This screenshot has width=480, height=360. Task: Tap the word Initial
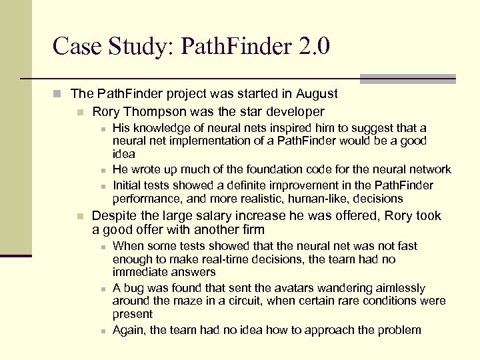[x=128, y=185]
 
